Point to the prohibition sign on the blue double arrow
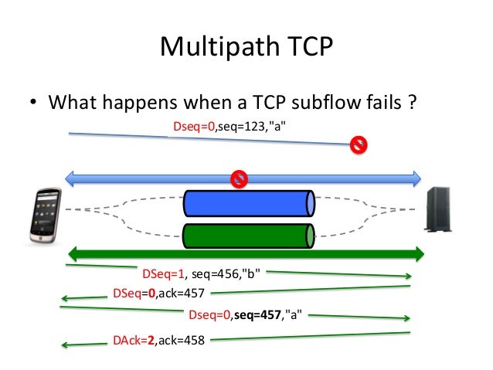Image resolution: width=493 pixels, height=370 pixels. pyautogui.click(x=240, y=179)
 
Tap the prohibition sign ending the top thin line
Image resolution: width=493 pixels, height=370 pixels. pyautogui.click(x=358, y=144)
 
